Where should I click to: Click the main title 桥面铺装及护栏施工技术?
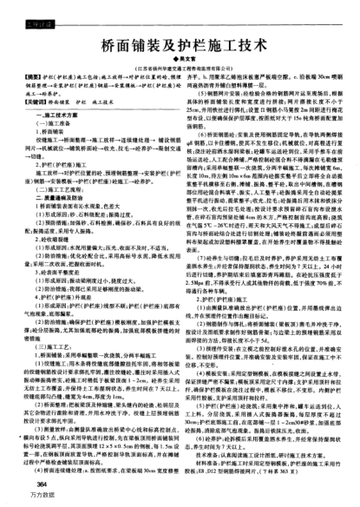tap(180, 43)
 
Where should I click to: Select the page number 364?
tap(40, 484)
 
